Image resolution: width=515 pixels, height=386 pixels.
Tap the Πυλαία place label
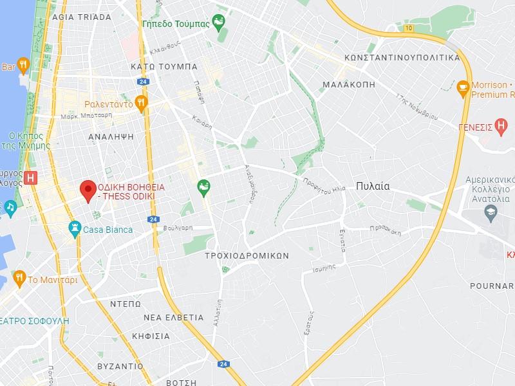(x=373, y=186)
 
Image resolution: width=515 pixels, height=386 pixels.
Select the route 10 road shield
(x=409, y=28)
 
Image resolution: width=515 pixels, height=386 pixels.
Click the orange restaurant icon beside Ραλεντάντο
(x=142, y=103)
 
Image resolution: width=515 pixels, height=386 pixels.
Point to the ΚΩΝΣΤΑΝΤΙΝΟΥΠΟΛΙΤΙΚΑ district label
(x=402, y=57)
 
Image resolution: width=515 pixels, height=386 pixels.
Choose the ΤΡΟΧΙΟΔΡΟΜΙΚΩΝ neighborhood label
(x=247, y=255)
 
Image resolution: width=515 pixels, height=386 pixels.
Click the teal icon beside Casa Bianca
(x=75, y=228)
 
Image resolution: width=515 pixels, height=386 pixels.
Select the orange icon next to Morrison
(x=463, y=87)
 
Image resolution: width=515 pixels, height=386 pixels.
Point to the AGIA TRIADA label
(x=81, y=17)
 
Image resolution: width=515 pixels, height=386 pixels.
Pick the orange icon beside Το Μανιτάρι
(x=19, y=279)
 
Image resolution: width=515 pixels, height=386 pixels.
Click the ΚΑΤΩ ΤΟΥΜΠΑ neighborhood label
(x=164, y=66)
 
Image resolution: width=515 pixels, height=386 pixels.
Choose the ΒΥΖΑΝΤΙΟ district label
(x=120, y=365)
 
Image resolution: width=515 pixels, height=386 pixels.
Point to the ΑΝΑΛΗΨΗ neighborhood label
(x=111, y=136)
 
